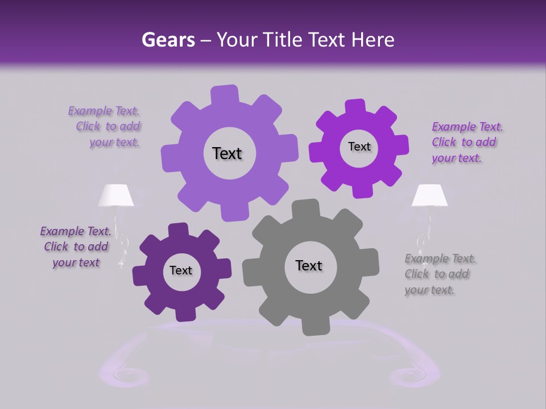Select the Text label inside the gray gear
[x=309, y=266]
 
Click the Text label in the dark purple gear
[x=181, y=270]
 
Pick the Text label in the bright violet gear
[x=359, y=147]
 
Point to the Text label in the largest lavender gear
[x=227, y=153]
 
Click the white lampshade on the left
[x=116, y=195]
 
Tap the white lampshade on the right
[x=429, y=195]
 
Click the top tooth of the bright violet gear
[x=355, y=106]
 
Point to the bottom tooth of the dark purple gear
[x=183, y=315]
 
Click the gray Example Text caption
[x=440, y=274]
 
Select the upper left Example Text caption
[x=107, y=127]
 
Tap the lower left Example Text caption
[x=76, y=247]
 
